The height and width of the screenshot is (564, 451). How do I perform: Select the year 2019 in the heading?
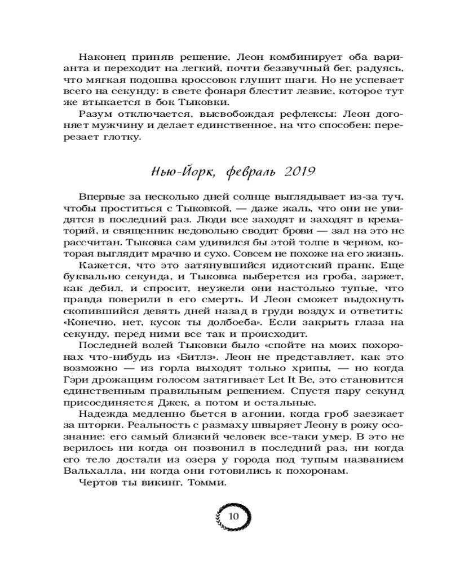[x=296, y=170]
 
